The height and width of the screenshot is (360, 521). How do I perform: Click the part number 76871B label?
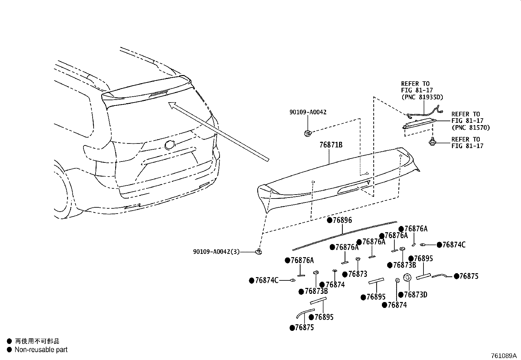point(331,144)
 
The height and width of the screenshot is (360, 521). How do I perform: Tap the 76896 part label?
point(342,220)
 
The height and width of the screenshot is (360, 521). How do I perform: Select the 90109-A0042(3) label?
point(216,252)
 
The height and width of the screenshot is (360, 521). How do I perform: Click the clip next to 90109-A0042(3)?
point(259,251)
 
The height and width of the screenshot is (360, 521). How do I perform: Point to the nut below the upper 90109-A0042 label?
point(307,133)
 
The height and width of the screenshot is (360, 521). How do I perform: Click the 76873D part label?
point(415,295)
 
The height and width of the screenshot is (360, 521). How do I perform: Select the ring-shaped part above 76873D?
point(407,277)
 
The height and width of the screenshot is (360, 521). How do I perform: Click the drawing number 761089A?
point(503,356)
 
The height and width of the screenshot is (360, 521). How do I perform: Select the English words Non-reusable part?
point(41,350)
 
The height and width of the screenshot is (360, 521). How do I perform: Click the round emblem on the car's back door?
point(170,144)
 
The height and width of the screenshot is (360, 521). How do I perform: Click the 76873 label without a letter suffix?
point(358,274)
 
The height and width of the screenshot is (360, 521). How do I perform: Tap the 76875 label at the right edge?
point(469,276)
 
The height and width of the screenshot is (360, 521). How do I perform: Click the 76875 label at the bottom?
point(304,328)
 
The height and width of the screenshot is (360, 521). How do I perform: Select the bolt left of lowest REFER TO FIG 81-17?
point(432,142)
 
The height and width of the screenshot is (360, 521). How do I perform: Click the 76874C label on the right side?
point(454,245)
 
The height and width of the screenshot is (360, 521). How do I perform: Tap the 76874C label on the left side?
point(267,280)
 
